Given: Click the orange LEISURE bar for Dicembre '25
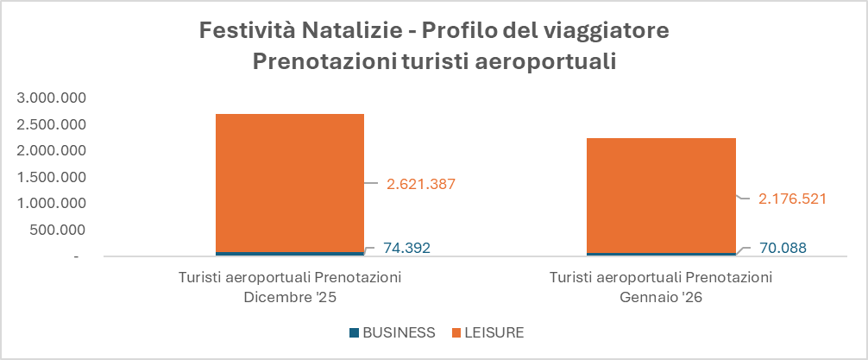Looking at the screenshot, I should point(289,181).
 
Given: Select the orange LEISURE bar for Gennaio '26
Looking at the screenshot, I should point(661,194).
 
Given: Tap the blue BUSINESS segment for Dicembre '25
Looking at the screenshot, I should point(289,254).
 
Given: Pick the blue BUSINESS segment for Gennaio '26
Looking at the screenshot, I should point(661,255).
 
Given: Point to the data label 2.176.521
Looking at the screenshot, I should point(792,199).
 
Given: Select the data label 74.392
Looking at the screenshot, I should point(406,249).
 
